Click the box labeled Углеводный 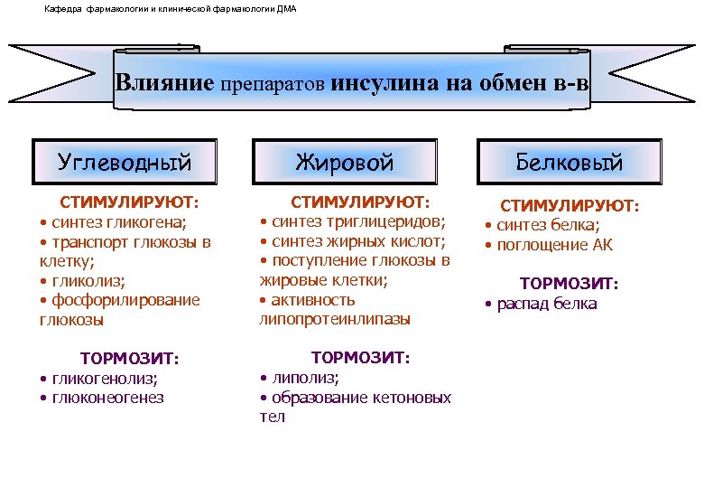pos(125,163)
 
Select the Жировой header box pos(345,163)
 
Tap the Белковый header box pos(570,163)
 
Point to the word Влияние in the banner pos(164,84)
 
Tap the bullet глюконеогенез pos(107,398)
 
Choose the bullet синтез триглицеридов pos(356,221)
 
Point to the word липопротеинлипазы pos(335,319)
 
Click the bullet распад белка pos(547,304)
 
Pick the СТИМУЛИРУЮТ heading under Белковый pos(570,206)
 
